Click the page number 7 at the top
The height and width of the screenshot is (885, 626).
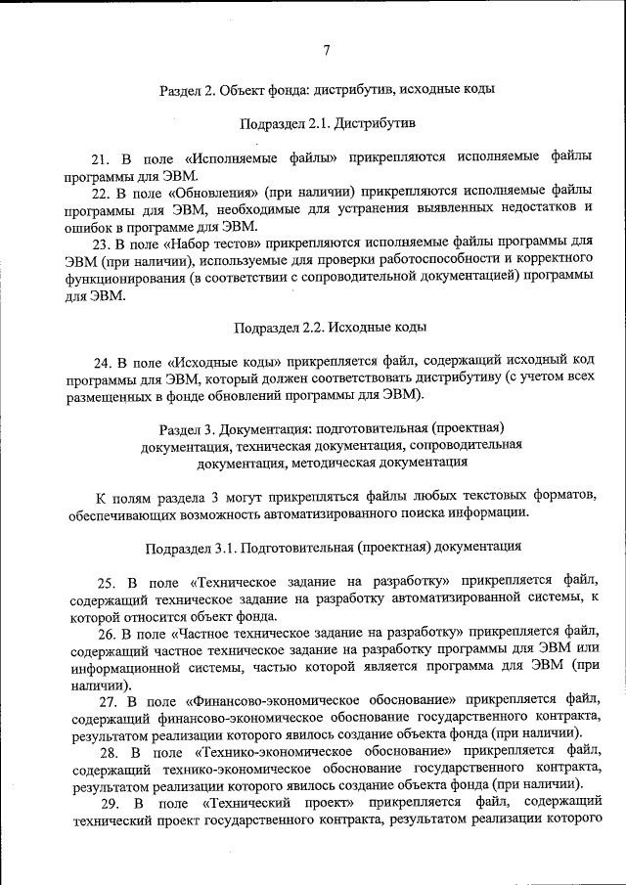pos(326,51)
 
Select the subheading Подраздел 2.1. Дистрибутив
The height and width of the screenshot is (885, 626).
pos(328,124)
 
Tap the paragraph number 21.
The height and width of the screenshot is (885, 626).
pos(100,157)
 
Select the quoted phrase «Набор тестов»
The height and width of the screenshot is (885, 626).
pos(211,243)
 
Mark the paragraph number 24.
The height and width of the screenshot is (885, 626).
pos(101,362)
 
